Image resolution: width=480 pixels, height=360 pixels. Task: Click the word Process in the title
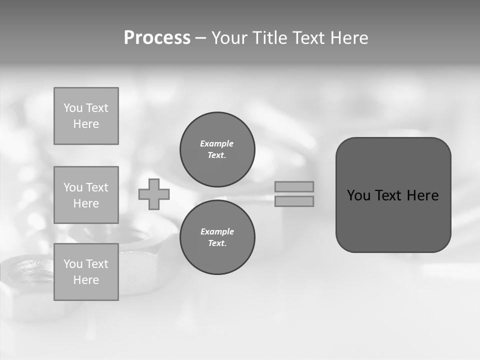[157, 38]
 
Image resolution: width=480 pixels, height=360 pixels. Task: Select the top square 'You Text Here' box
[86, 116]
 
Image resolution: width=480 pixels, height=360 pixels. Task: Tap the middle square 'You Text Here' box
[86, 195]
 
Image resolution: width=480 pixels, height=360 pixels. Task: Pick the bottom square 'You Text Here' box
[86, 272]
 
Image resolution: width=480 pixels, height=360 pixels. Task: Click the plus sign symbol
[154, 194]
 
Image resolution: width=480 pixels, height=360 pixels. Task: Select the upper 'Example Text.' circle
[217, 149]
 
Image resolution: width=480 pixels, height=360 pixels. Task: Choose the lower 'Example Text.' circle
[217, 237]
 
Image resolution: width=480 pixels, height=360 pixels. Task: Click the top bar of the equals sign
[294, 186]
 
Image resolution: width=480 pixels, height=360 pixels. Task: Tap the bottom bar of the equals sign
[294, 201]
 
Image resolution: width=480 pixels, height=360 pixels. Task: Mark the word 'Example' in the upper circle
[217, 143]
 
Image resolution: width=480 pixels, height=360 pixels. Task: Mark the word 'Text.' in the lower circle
[217, 243]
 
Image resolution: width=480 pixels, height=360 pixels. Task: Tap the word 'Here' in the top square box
[86, 124]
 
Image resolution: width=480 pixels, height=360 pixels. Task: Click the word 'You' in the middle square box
[71, 187]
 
